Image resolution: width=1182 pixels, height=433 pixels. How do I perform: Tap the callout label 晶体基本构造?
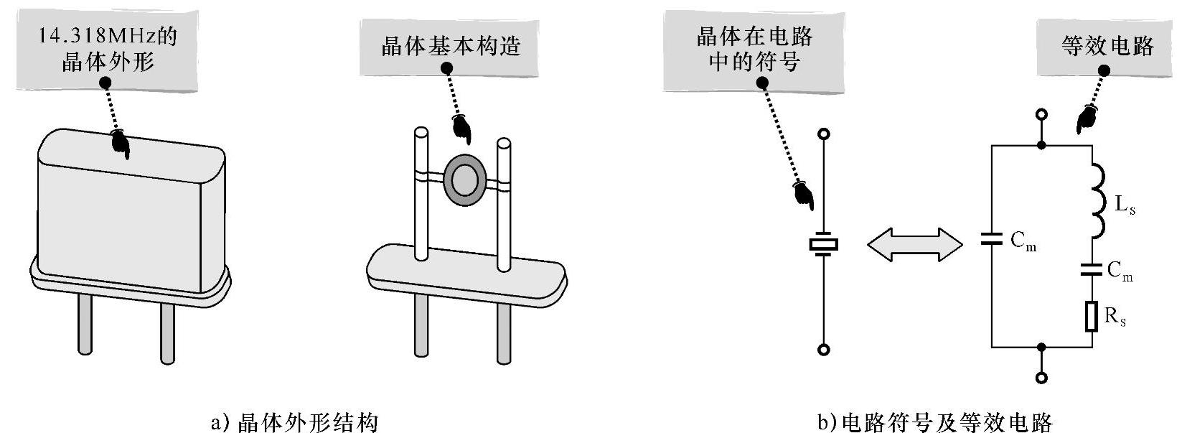coord(450,47)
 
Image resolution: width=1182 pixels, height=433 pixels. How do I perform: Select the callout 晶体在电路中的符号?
coord(754,48)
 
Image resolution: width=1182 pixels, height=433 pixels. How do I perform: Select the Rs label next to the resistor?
coord(1115,317)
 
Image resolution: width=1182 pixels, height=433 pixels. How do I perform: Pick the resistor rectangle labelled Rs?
coord(1092,317)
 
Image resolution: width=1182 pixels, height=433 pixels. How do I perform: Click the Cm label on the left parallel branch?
coord(1023,241)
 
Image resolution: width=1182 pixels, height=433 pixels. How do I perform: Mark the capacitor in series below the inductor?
coord(1092,270)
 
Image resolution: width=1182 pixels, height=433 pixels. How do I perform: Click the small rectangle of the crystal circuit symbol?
coord(824,245)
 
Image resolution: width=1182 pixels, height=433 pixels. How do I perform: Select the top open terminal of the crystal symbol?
coord(825,134)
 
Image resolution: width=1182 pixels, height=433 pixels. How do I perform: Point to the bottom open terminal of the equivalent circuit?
coord(1041,378)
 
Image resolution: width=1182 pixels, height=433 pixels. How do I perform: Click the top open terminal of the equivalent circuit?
coord(1041,114)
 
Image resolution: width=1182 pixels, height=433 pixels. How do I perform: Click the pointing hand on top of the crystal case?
coord(120,143)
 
